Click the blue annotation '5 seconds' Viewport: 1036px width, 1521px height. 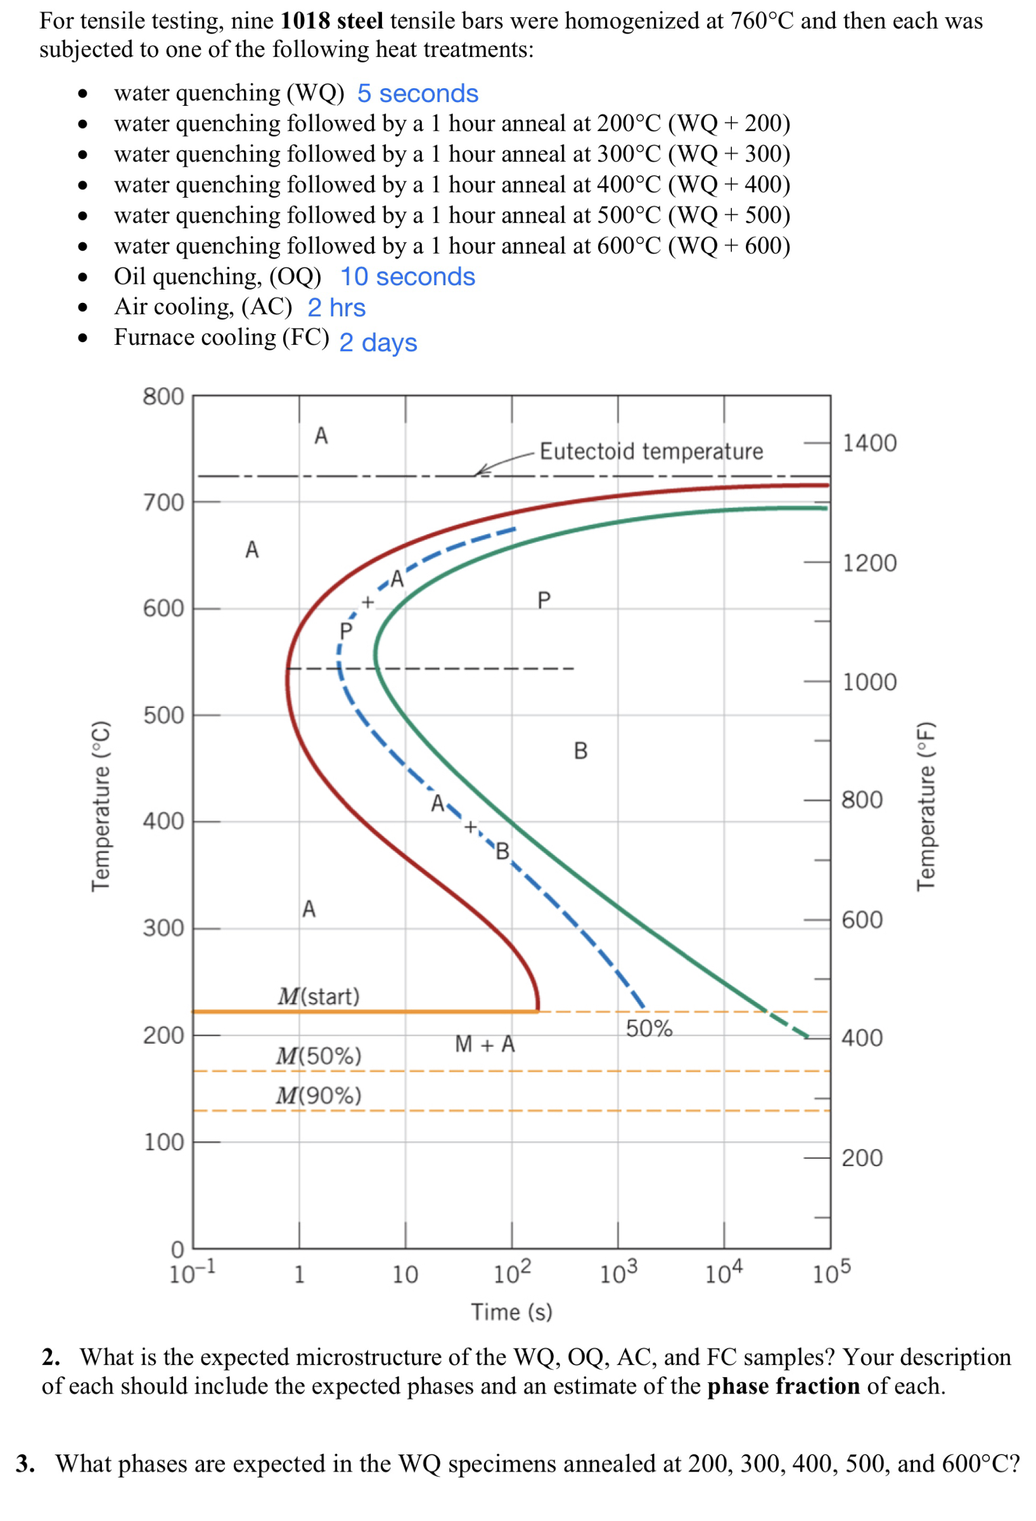(417, 94)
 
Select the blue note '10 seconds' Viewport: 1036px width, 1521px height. (407, 277)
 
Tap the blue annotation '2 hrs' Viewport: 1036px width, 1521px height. (336, 307)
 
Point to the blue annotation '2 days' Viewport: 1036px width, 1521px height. (378, 343)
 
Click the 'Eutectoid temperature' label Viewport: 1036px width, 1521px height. (651, 452)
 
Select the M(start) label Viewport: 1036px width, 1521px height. (319, 996)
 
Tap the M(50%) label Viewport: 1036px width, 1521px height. (319, 1056)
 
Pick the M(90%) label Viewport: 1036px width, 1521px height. (319, 1095)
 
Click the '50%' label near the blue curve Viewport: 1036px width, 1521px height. (649, 1028)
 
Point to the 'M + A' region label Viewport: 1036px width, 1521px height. (485, 1044)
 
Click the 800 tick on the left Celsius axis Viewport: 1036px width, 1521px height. (163, 397)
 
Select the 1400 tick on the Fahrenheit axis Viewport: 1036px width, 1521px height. (869, 443)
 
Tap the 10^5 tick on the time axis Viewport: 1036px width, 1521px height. (831, 1273)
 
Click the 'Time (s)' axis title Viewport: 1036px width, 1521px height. (511, 1312)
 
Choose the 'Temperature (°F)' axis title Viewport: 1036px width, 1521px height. (924, 805)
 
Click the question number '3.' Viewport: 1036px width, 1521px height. (25, 1463)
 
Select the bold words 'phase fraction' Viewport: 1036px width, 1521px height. (783, 1386)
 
